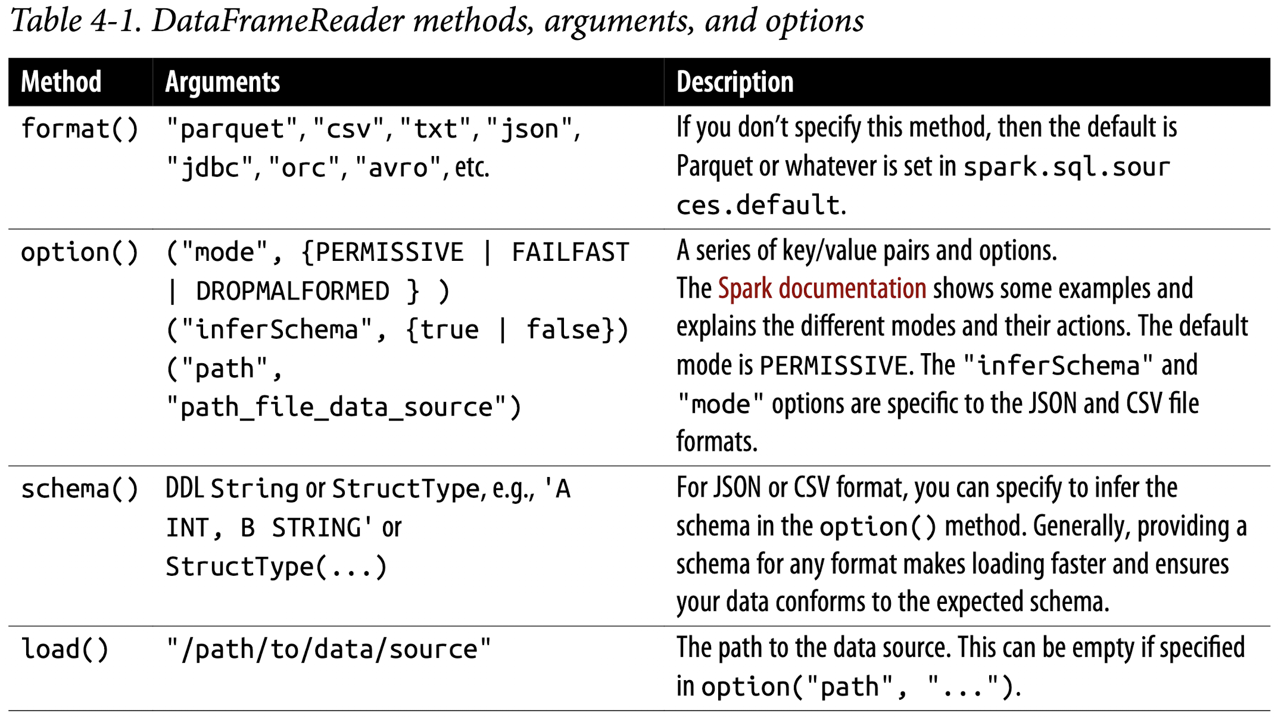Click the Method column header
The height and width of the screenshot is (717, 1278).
point(61,82)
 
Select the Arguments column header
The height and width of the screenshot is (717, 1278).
point(223,82)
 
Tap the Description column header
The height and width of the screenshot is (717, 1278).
point(735,82)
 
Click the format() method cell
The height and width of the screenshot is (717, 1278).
point(80,129)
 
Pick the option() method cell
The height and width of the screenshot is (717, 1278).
point(80,252)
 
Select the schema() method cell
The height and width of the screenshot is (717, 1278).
point(80,489)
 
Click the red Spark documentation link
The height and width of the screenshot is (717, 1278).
point(822,289)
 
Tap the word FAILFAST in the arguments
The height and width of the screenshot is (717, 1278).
point(570,252)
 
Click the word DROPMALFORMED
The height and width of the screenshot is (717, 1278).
point(292,291)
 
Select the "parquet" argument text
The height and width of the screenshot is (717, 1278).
point(232,129)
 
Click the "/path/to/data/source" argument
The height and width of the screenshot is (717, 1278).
point(329,649)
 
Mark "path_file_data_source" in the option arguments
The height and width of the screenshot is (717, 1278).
point(336,407)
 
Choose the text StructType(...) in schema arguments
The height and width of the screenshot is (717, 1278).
point(276,566)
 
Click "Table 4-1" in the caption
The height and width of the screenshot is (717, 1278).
point(76,21)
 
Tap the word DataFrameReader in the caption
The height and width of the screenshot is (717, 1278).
point(279,21)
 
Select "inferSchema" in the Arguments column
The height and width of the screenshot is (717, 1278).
point(276,330)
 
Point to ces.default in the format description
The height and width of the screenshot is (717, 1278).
point(758,205)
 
